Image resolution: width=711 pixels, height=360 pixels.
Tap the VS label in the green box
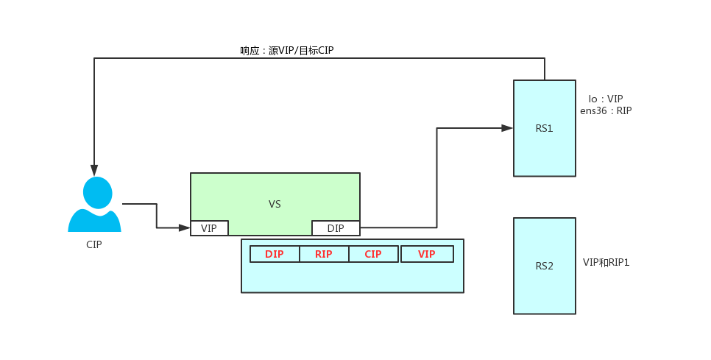275,204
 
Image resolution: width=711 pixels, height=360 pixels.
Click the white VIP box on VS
209,228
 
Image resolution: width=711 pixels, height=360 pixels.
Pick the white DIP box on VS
336,228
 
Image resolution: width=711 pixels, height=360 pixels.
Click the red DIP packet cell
275,254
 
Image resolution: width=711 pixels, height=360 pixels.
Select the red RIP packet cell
324,254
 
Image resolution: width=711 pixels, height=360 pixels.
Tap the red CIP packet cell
373,254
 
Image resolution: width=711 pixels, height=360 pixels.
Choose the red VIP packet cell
427,254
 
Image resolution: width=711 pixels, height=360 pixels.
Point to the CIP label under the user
94,244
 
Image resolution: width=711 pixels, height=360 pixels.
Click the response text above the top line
287,51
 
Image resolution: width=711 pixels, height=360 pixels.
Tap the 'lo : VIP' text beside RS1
606,99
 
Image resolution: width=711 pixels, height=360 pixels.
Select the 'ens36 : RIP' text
606,111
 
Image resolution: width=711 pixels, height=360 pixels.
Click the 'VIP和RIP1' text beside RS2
606,262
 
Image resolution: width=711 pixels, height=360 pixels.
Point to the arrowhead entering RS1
507,128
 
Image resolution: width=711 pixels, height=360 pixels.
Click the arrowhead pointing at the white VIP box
184,228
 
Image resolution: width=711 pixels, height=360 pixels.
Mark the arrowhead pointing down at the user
94,170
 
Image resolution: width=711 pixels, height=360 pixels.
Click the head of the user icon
97,192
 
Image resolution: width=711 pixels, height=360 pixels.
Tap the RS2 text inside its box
545,266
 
